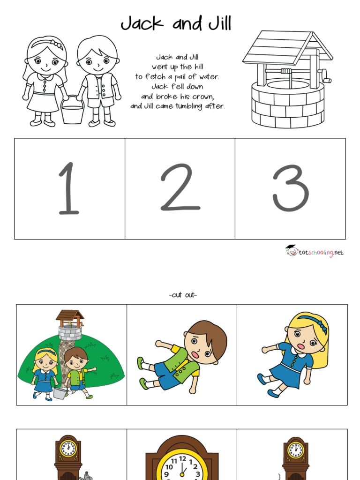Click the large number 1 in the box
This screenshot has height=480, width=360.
(x=68, y=188)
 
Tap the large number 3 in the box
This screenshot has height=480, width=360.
(x=290, y=188)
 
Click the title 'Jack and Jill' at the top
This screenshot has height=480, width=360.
(x=176, y=23)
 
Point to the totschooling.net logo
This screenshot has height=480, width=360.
(x=315, y=252)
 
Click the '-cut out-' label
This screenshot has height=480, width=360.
(x=182, y=295)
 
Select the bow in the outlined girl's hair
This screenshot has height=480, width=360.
(x=57, y=45)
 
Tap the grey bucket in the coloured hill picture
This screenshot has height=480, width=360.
(x=60, y=393)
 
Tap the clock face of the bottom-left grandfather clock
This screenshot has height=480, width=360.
(x=68, y=449)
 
